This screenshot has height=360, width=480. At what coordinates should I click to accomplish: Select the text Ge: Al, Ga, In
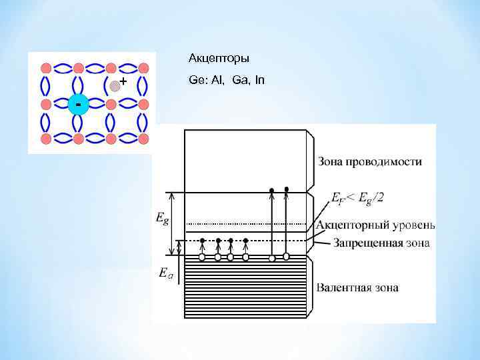[227, 80]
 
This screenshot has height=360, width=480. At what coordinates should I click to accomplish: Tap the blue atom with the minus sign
[79, 105]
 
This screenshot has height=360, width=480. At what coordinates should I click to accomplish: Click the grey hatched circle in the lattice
[115, 85]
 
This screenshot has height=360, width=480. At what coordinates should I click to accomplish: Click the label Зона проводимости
[369, 161]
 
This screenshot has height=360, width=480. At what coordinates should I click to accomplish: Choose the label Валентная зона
[357, 288]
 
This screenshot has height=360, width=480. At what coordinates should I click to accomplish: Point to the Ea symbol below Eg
[165, 272]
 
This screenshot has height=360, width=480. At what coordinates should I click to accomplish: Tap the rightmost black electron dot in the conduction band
[287, 189]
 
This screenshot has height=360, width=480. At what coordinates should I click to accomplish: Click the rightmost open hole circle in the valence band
[287, 256]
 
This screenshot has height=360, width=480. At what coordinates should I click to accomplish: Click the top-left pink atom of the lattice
[46, 68]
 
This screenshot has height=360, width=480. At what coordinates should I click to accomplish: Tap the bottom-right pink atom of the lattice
[142, 139]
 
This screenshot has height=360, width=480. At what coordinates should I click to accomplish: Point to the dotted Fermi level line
[247, 224]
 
